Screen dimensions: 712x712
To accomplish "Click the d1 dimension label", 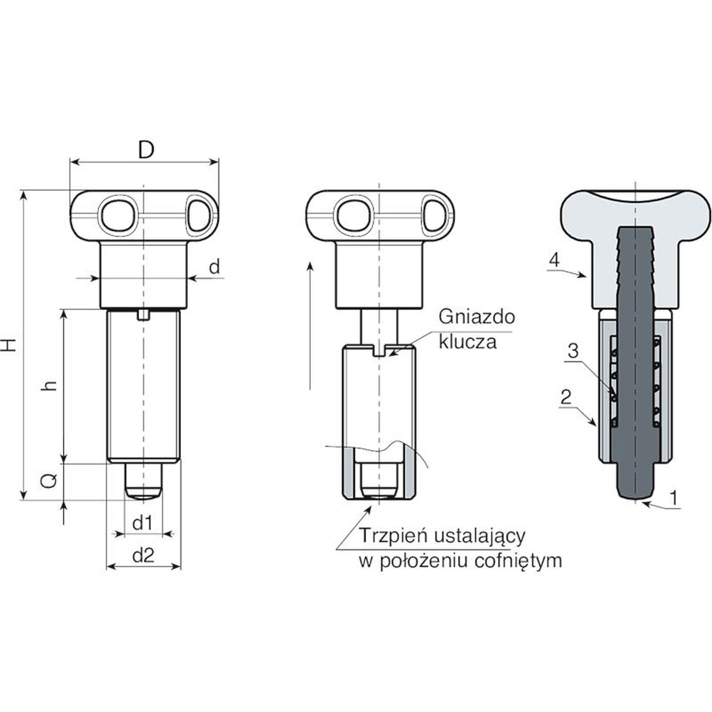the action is [143, 523].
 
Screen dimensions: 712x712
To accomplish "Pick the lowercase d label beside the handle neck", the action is [214, 267].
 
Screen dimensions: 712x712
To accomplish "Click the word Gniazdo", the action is [477, 317].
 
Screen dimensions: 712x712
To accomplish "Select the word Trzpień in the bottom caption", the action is [393, 535].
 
